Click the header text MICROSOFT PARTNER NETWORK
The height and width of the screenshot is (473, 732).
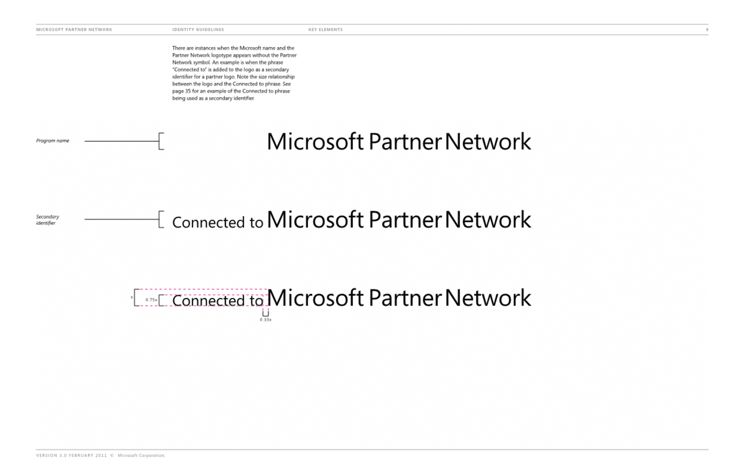[x=74, y=29]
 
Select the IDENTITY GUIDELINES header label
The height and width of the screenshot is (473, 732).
[x=198, y=29]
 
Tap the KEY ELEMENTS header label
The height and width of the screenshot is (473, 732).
[x=326, y=29]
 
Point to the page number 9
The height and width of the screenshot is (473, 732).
[x=707, y=29]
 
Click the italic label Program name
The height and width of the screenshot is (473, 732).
[x=53, y=141]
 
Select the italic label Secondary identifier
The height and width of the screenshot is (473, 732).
[x=48, y=220]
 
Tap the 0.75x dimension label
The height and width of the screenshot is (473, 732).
[x=151, y=300]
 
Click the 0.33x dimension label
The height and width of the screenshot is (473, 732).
[x=266, y=320]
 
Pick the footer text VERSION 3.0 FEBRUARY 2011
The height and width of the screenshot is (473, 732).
[x=71, y=455]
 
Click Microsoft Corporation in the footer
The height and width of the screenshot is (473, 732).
[x=141, y=455]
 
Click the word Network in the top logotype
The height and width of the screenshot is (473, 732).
[x=488, y=142]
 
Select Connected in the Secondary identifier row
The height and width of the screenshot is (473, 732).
[x=208, y=222]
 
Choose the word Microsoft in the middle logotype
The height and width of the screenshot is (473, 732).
[x=315, y=220]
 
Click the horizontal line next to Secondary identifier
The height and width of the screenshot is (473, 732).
[x=122, y=219]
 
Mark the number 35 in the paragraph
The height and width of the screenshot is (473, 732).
[x=188, y=91]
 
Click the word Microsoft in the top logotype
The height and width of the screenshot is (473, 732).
[x=315, y=142]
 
